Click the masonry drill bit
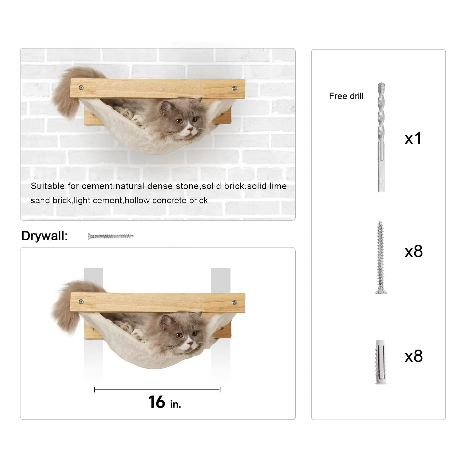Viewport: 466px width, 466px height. pos(381,137)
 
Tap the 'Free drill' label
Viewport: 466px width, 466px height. pos(346,96)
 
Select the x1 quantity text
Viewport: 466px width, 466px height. pos(413,138)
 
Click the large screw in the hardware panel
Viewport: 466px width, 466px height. pos(380,257)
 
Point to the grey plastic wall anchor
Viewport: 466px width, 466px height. pos(381,362)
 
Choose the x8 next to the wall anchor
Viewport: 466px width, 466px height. pos(413,356)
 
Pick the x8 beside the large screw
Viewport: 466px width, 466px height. pos(413,252)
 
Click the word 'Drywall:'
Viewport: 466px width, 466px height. pos(45,236)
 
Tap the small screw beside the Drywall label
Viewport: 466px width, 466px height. pos(111,236)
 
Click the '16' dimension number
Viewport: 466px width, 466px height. pos(157,402)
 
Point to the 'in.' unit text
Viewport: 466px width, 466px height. pos(175,404)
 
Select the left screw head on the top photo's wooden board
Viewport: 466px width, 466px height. pos(81,88)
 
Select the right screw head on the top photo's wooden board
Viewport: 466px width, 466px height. pos(234,89)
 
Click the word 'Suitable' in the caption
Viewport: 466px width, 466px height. pos(48,186)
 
